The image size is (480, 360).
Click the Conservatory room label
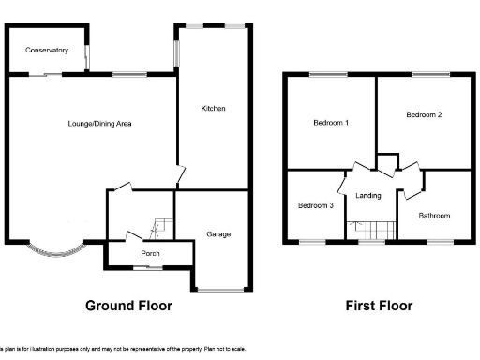(x=45, y=50)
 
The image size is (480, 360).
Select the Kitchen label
(x=213, y=109)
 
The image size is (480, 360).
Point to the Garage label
(x=218, y=234)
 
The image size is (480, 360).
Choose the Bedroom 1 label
(x=331, y=123)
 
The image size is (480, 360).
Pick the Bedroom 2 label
(x=424, y=114)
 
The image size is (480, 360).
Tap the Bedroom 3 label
(x=316, y=205)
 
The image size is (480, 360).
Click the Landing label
(x=368, y=195)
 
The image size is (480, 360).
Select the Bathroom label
(x=434, y=216)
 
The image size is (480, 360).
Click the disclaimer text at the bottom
(x=122, y=349)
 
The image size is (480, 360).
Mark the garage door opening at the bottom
(x=222, y=290)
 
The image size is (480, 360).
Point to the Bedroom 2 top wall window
(x=428, y=74)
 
